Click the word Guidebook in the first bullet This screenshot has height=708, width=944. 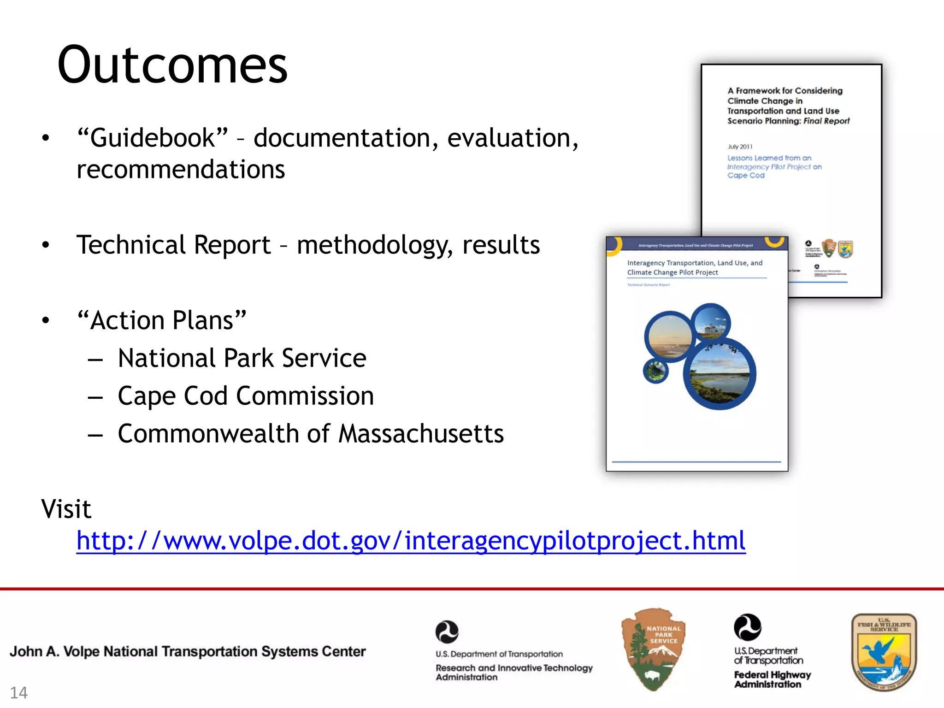(x=153, y=138)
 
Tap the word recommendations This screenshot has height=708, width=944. (x=181, y=169)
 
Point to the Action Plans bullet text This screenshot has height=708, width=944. (x=162, y=320)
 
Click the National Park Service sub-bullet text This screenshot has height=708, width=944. (x=242, y=358)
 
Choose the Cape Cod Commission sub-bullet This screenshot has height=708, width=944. (x=246, y=396)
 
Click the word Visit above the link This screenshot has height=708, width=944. (x=66, y=509)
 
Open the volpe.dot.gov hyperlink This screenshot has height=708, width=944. (x=411, y=540)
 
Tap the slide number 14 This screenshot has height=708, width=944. (x=19, y=692)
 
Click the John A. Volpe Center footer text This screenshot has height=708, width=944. (x=188, y=651)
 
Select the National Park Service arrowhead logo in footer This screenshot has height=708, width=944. (x=653, y=649)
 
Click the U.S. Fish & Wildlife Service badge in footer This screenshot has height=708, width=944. (x=884, y=652)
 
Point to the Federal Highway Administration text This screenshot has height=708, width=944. (x=772, y=679)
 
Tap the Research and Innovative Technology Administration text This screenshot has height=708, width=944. (x=514, y=672)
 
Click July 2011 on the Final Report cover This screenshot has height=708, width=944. (x=740, y=147)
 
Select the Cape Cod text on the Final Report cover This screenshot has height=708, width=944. (x=746, y=176)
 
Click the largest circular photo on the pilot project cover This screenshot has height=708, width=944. (x=720, y=373)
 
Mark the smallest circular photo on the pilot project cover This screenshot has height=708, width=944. (x=655, y=371)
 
